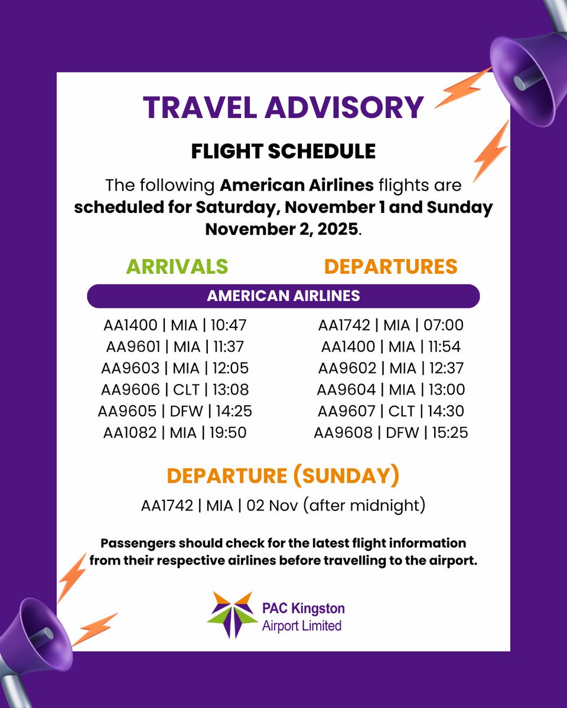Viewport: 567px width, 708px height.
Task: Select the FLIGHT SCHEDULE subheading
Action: pos(283,152)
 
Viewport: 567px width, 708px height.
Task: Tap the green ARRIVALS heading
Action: pos(177,266)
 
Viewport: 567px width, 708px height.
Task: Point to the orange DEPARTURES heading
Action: pos(390,266)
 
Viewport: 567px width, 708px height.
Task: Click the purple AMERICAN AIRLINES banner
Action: pos(283,296)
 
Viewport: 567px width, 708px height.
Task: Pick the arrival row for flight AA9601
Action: pos(175,346)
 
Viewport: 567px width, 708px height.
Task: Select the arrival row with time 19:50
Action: pos(175,432)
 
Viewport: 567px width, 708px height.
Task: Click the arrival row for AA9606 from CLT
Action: pos(175,389)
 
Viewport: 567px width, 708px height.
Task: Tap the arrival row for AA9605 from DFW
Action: pos(175,411)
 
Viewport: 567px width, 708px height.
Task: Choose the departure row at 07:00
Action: pos(390,324)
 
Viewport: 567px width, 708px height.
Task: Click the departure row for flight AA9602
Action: pos(390,368)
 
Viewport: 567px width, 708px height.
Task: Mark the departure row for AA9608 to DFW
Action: pos(390,433)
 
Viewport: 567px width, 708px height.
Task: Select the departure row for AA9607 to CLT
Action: pos(390,411)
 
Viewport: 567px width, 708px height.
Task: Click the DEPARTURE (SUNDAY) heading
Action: pos(283,476)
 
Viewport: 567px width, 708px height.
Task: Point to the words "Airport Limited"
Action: pos(302,625)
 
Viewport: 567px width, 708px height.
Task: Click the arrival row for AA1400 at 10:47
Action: pos(175,324)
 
